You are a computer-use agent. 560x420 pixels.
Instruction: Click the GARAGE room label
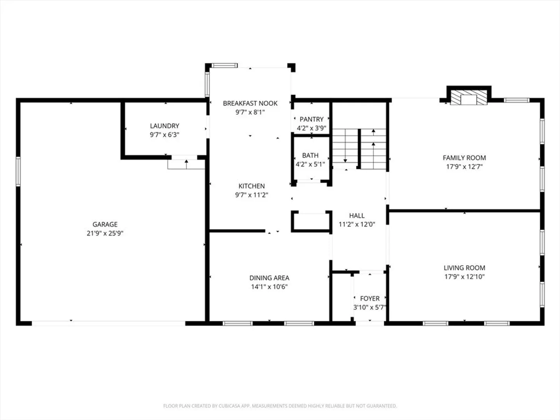[x=105, y=224]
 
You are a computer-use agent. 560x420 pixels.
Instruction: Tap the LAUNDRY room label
[x=164, y=126]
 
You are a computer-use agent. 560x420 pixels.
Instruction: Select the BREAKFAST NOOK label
[x=250, y=103]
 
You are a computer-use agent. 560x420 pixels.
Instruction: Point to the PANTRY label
[x=311, y=119]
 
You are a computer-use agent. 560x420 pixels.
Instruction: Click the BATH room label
[x=310, y=155]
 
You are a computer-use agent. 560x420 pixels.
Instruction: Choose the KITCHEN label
[x=252, y=186]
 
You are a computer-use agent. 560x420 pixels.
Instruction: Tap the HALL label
[x=357, y=216]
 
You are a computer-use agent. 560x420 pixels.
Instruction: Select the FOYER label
[x=370, y=298]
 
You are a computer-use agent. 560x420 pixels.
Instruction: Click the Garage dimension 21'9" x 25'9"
[x=105, y=233]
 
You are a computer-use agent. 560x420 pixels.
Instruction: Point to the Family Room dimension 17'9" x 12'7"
[x=464, y=167]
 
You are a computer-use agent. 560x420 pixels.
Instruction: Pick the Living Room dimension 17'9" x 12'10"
[x=464, y=276]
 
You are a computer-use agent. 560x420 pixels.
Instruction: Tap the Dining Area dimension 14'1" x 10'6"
[x=269, y=287]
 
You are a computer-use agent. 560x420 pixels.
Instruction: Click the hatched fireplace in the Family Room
[x=469, y=97]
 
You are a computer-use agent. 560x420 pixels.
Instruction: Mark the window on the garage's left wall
[x=18, y=171]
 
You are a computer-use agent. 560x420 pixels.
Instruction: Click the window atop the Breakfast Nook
[x=224, y=66]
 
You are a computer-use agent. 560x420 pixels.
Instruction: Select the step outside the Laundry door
[x=186, y=164]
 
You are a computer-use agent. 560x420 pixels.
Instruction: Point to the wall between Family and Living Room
[x=464, y=211]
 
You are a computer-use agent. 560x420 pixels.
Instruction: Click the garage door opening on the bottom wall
[x=108, y=323]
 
